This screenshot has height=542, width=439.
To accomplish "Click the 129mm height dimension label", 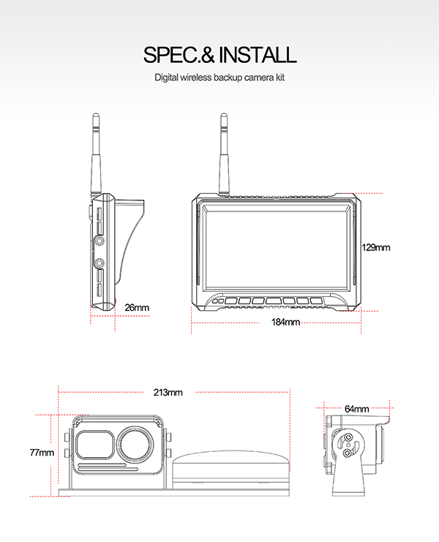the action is (376, 247).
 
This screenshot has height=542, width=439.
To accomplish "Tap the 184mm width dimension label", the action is (285, 322).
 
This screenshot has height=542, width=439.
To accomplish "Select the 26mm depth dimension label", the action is (137, 307).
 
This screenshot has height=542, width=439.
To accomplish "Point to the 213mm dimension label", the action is (168, 392).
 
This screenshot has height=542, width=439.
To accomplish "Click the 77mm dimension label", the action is (42, 452).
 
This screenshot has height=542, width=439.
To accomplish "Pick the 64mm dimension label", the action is (357, 409).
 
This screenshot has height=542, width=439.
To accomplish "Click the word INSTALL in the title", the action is (258, 55).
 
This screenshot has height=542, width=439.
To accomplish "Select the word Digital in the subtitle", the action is (166, 78).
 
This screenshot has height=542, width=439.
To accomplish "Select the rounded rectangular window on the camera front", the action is (95, 445).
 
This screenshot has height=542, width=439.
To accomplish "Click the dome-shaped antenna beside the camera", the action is (230, 469).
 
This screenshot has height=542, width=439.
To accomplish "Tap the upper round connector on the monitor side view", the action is (100, 241).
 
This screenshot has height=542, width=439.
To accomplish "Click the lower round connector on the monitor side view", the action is (100, 263).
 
